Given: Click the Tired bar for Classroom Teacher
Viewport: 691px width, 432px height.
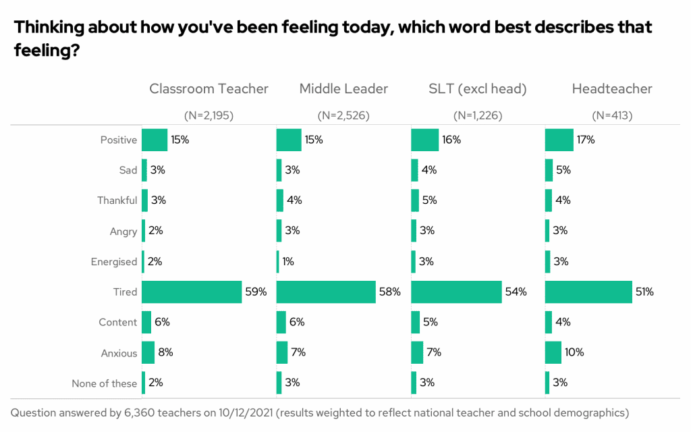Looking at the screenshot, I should [192, 292].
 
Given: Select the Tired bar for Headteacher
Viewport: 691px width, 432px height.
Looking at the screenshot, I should [588, 292].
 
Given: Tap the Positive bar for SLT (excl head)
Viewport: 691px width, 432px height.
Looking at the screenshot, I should [424, 140].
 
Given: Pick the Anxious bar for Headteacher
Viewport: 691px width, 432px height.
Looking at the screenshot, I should [553, 352].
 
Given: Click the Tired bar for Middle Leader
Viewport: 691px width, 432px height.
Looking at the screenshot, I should [326, 292].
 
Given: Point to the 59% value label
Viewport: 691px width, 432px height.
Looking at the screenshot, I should [256, 292].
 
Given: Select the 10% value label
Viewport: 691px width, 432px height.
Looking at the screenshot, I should [575, 352].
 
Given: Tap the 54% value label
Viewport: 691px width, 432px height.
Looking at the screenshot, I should [516, 292].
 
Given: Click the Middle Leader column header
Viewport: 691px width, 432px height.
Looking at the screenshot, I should [343, 88].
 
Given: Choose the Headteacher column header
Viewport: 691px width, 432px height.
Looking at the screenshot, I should [612, 88].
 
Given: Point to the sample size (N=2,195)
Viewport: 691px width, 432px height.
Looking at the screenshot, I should [209, 115].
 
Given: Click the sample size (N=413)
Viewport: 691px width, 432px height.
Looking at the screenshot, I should [612, 115].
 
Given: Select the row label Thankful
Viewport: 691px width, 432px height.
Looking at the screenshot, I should [117, 200].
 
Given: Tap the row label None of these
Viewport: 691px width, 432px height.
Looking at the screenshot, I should [105, 383].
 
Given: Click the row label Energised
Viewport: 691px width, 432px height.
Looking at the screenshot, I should [114, 261].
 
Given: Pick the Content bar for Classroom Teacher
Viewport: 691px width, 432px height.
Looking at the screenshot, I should [146, 322].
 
